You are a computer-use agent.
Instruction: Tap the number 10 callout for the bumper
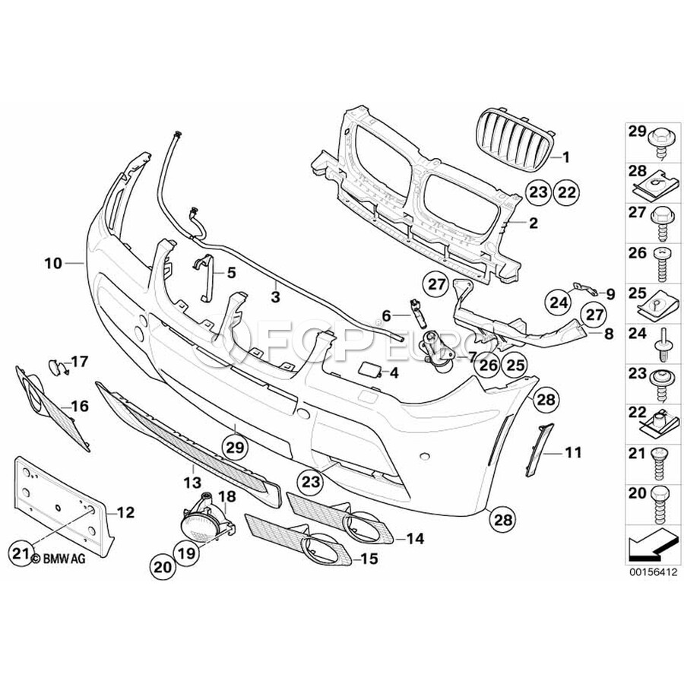click(53, 264)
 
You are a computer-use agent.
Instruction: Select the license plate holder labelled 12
click(63, 508)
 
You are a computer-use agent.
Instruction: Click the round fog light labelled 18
click(208, 518)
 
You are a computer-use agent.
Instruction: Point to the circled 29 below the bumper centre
click(235, 446)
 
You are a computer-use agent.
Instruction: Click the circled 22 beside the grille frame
click(567, 192)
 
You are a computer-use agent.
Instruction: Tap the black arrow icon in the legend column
click(653, 545)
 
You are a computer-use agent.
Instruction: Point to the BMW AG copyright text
click(58, 559)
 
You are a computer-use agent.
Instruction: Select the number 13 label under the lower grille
click(192, 482)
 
